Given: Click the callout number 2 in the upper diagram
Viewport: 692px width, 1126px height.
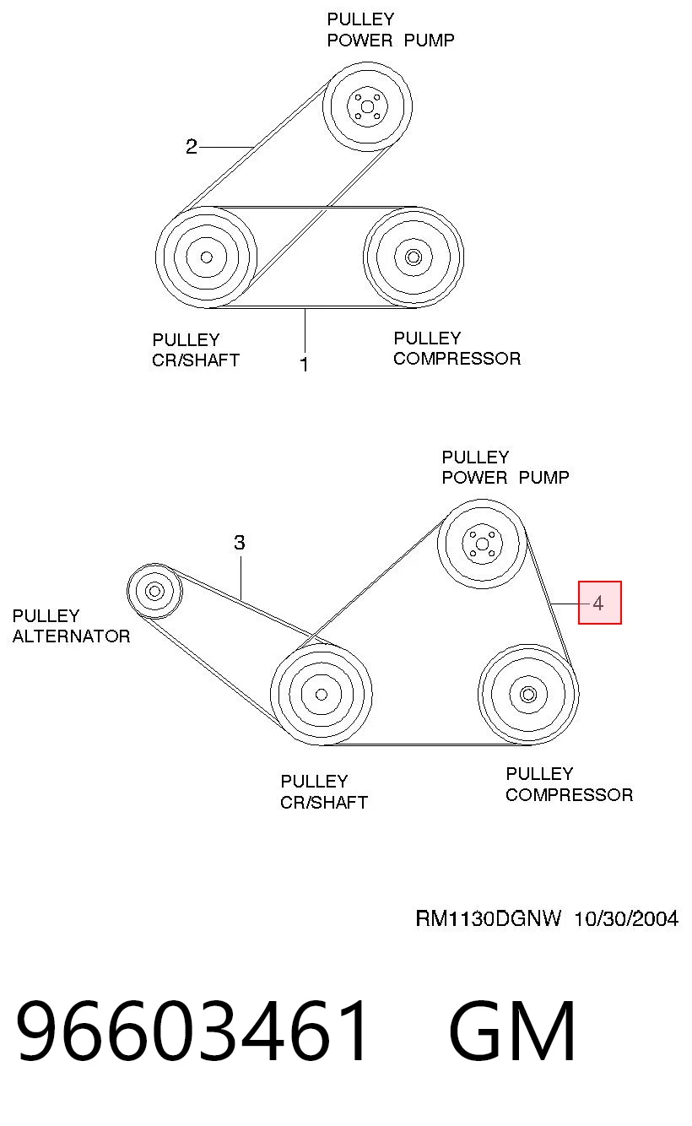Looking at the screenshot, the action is click(x=192, y=146).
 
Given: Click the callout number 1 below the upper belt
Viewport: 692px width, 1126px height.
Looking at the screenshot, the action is click(x=304, y=364).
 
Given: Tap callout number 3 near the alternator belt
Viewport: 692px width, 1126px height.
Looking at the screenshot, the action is click(x=240, y=542).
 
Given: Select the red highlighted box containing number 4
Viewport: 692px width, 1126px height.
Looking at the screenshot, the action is click(x=599, y=603).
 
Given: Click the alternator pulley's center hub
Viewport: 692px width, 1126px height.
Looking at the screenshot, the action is click(x=154, y=591).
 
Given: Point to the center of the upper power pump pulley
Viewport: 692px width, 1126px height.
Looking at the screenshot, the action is click(x=367, y=106).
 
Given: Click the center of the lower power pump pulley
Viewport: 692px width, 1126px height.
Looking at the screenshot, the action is click(x=482, y=544).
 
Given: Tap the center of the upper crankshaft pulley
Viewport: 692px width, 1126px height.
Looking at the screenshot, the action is click(x=207, y=257).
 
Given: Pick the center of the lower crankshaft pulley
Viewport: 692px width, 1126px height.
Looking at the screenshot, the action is click(x=322, y=694).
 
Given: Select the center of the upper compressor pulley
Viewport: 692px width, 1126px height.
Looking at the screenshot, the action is click(x=414, y=257).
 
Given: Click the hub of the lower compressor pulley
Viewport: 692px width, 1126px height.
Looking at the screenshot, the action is click(x=528, y=694).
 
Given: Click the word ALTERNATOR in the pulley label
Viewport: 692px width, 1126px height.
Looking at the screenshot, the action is click(x=72, y=636).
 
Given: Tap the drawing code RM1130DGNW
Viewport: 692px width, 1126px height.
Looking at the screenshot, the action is click(x=488, y=918).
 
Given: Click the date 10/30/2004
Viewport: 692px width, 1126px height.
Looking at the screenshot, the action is click(x=626, y=918).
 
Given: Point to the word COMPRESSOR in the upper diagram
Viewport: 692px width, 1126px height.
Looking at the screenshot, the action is click(x=457, y=359).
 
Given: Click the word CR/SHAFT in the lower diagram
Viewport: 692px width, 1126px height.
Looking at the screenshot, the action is click(x=324, y=802).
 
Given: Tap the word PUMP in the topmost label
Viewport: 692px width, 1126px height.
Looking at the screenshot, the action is click(x=430, y=40).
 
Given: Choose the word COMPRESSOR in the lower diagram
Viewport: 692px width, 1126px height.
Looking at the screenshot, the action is click(x=570, y=795).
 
